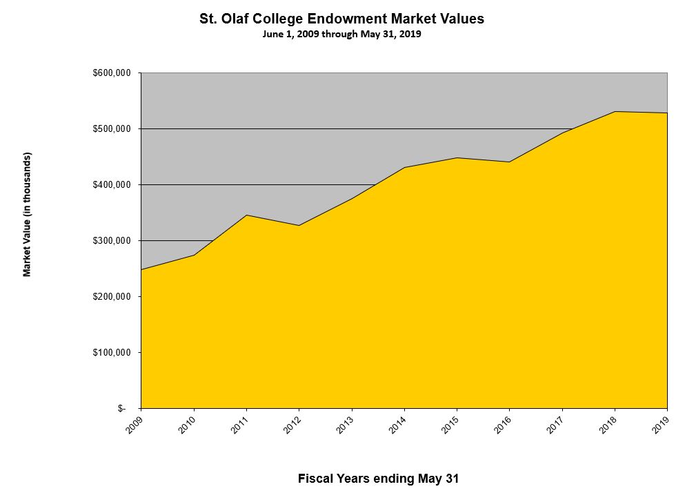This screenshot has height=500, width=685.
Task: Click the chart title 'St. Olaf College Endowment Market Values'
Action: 341,19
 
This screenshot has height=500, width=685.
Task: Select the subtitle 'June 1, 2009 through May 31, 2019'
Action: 341,34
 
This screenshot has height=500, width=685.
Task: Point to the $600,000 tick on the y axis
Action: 112,73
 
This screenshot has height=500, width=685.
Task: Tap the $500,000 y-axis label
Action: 112,129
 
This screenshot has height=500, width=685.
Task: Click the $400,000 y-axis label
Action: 112,185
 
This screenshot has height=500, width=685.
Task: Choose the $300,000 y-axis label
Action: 112,241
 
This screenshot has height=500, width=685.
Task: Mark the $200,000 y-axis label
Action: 112,297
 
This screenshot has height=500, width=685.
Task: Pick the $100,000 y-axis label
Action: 112,353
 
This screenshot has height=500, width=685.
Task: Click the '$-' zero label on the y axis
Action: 121,409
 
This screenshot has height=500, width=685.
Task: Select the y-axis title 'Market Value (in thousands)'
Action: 28,215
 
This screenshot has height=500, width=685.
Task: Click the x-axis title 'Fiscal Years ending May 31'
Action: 378,478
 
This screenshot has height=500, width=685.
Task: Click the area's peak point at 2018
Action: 615,111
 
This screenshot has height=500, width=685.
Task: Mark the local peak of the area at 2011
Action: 246,215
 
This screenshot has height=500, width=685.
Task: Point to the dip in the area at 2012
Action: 299,225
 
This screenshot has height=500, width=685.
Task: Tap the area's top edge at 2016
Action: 509,162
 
